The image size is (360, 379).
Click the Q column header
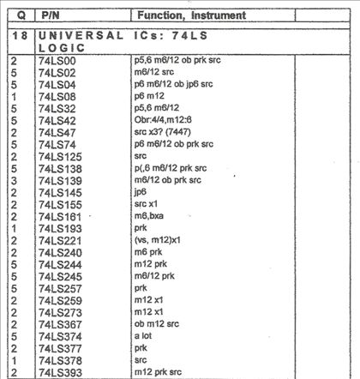click(18, 15)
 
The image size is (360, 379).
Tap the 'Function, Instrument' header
click(191, 15)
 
